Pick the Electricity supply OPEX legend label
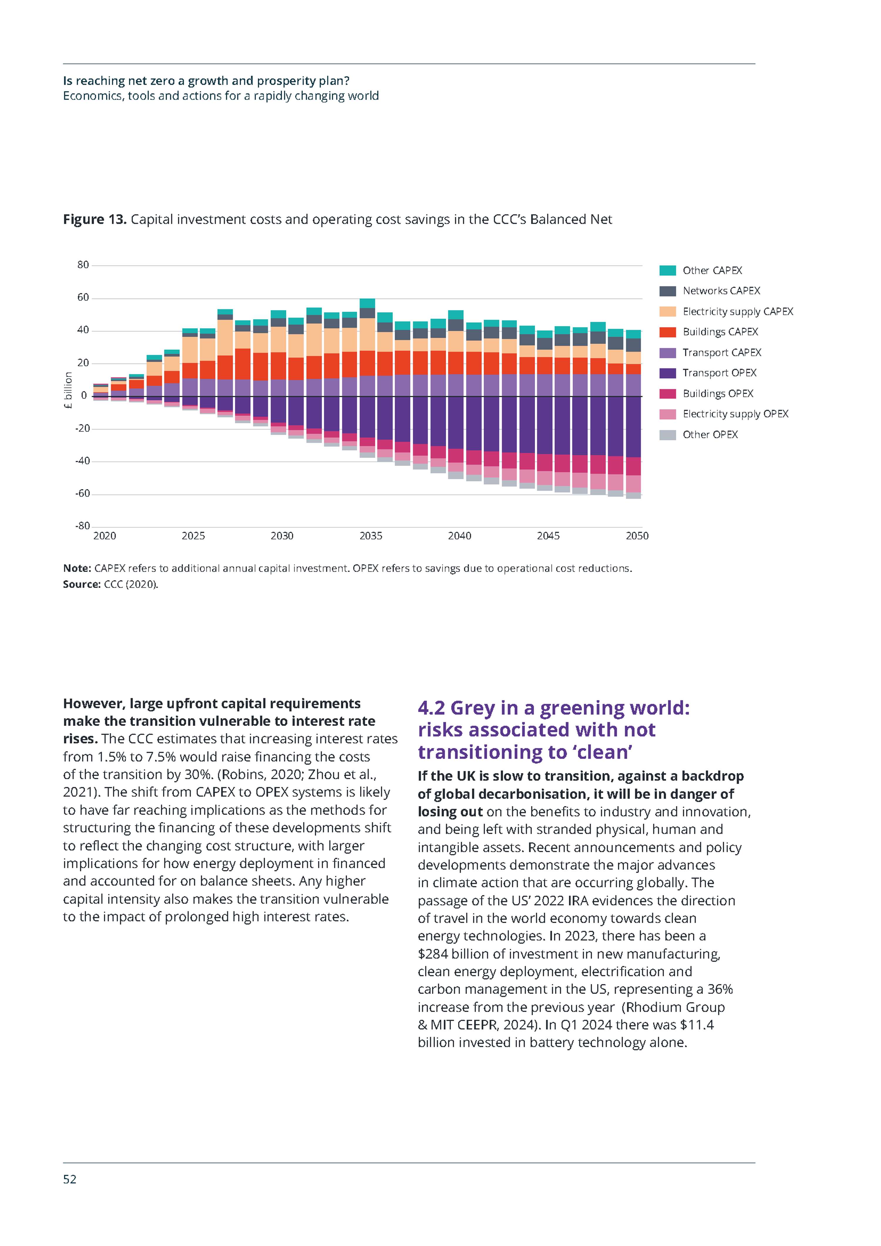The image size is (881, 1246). tap(735, 414)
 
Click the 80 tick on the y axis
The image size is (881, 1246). tap(83, 265)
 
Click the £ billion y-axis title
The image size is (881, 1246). tap(68, 390)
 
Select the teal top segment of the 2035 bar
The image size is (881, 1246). tap(367, 303)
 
